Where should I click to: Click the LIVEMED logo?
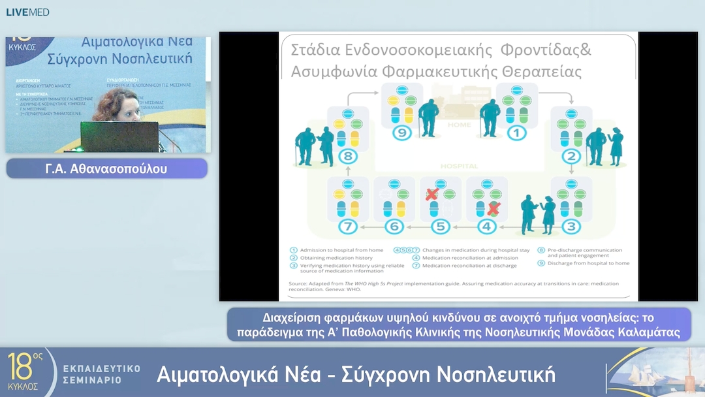[x=27, y=12]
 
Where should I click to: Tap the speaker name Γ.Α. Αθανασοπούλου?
[x=107, y=169]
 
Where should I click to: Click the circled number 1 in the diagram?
[x=517, y=134]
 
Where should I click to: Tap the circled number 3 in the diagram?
[x=571, y=227]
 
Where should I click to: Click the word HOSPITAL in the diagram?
[x=458, y=166]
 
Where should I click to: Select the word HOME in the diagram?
[x=458, y=124]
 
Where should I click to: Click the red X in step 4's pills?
[x=494, y=209]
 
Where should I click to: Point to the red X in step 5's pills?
[x=431, y=194]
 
